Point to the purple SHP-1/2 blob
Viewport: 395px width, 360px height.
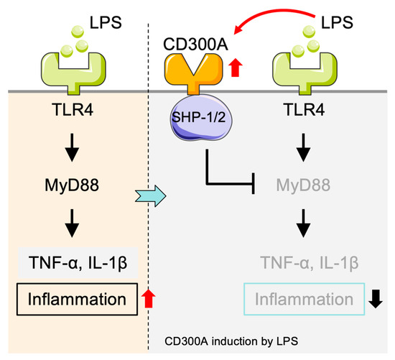(199, 117)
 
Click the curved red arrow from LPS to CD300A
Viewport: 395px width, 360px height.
(266, 20)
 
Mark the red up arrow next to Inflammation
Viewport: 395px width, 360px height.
(149, 296)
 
